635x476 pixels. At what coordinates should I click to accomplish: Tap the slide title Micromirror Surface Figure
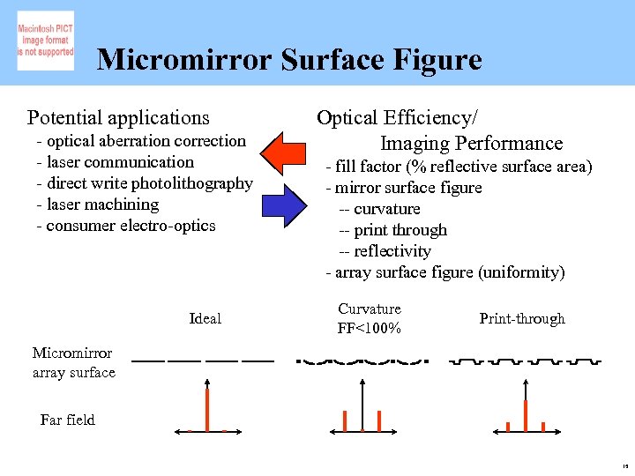289,60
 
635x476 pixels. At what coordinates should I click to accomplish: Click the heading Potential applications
118,117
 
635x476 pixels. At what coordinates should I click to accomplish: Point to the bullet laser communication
115,162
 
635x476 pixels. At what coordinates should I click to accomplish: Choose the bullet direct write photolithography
145,183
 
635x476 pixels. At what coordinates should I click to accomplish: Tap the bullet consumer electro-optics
126,226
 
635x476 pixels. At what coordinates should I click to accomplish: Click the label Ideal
205,318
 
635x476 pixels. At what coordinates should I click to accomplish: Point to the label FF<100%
370,329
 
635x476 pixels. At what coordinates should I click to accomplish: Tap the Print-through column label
522,318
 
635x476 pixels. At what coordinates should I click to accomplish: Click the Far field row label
68,420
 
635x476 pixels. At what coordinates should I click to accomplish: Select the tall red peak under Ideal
207,410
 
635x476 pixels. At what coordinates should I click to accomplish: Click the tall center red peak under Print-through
526,414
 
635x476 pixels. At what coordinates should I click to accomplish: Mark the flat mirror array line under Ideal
202,361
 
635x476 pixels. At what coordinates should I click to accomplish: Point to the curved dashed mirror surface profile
362,361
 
